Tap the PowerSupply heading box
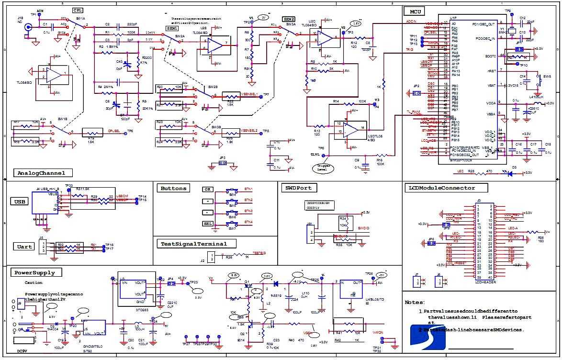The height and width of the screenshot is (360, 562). point(34,272)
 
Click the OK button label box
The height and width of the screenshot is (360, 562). point(207,190)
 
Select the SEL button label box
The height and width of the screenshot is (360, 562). point(207,224)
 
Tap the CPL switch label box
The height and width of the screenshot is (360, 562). point(77,10)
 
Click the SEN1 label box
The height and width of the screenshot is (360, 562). point(171,29)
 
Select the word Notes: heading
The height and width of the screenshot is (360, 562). point(415,303)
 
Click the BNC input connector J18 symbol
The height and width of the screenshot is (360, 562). point(28,28)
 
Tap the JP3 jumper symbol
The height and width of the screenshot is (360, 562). point(222,163)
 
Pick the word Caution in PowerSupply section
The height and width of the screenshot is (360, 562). point(34,282)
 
